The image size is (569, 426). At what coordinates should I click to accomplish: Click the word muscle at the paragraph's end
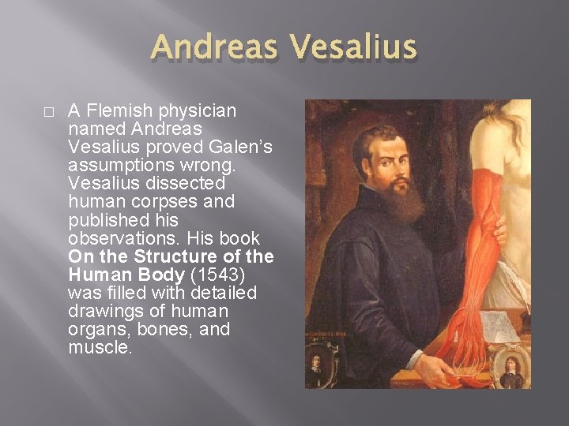click(x=100, y=346)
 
